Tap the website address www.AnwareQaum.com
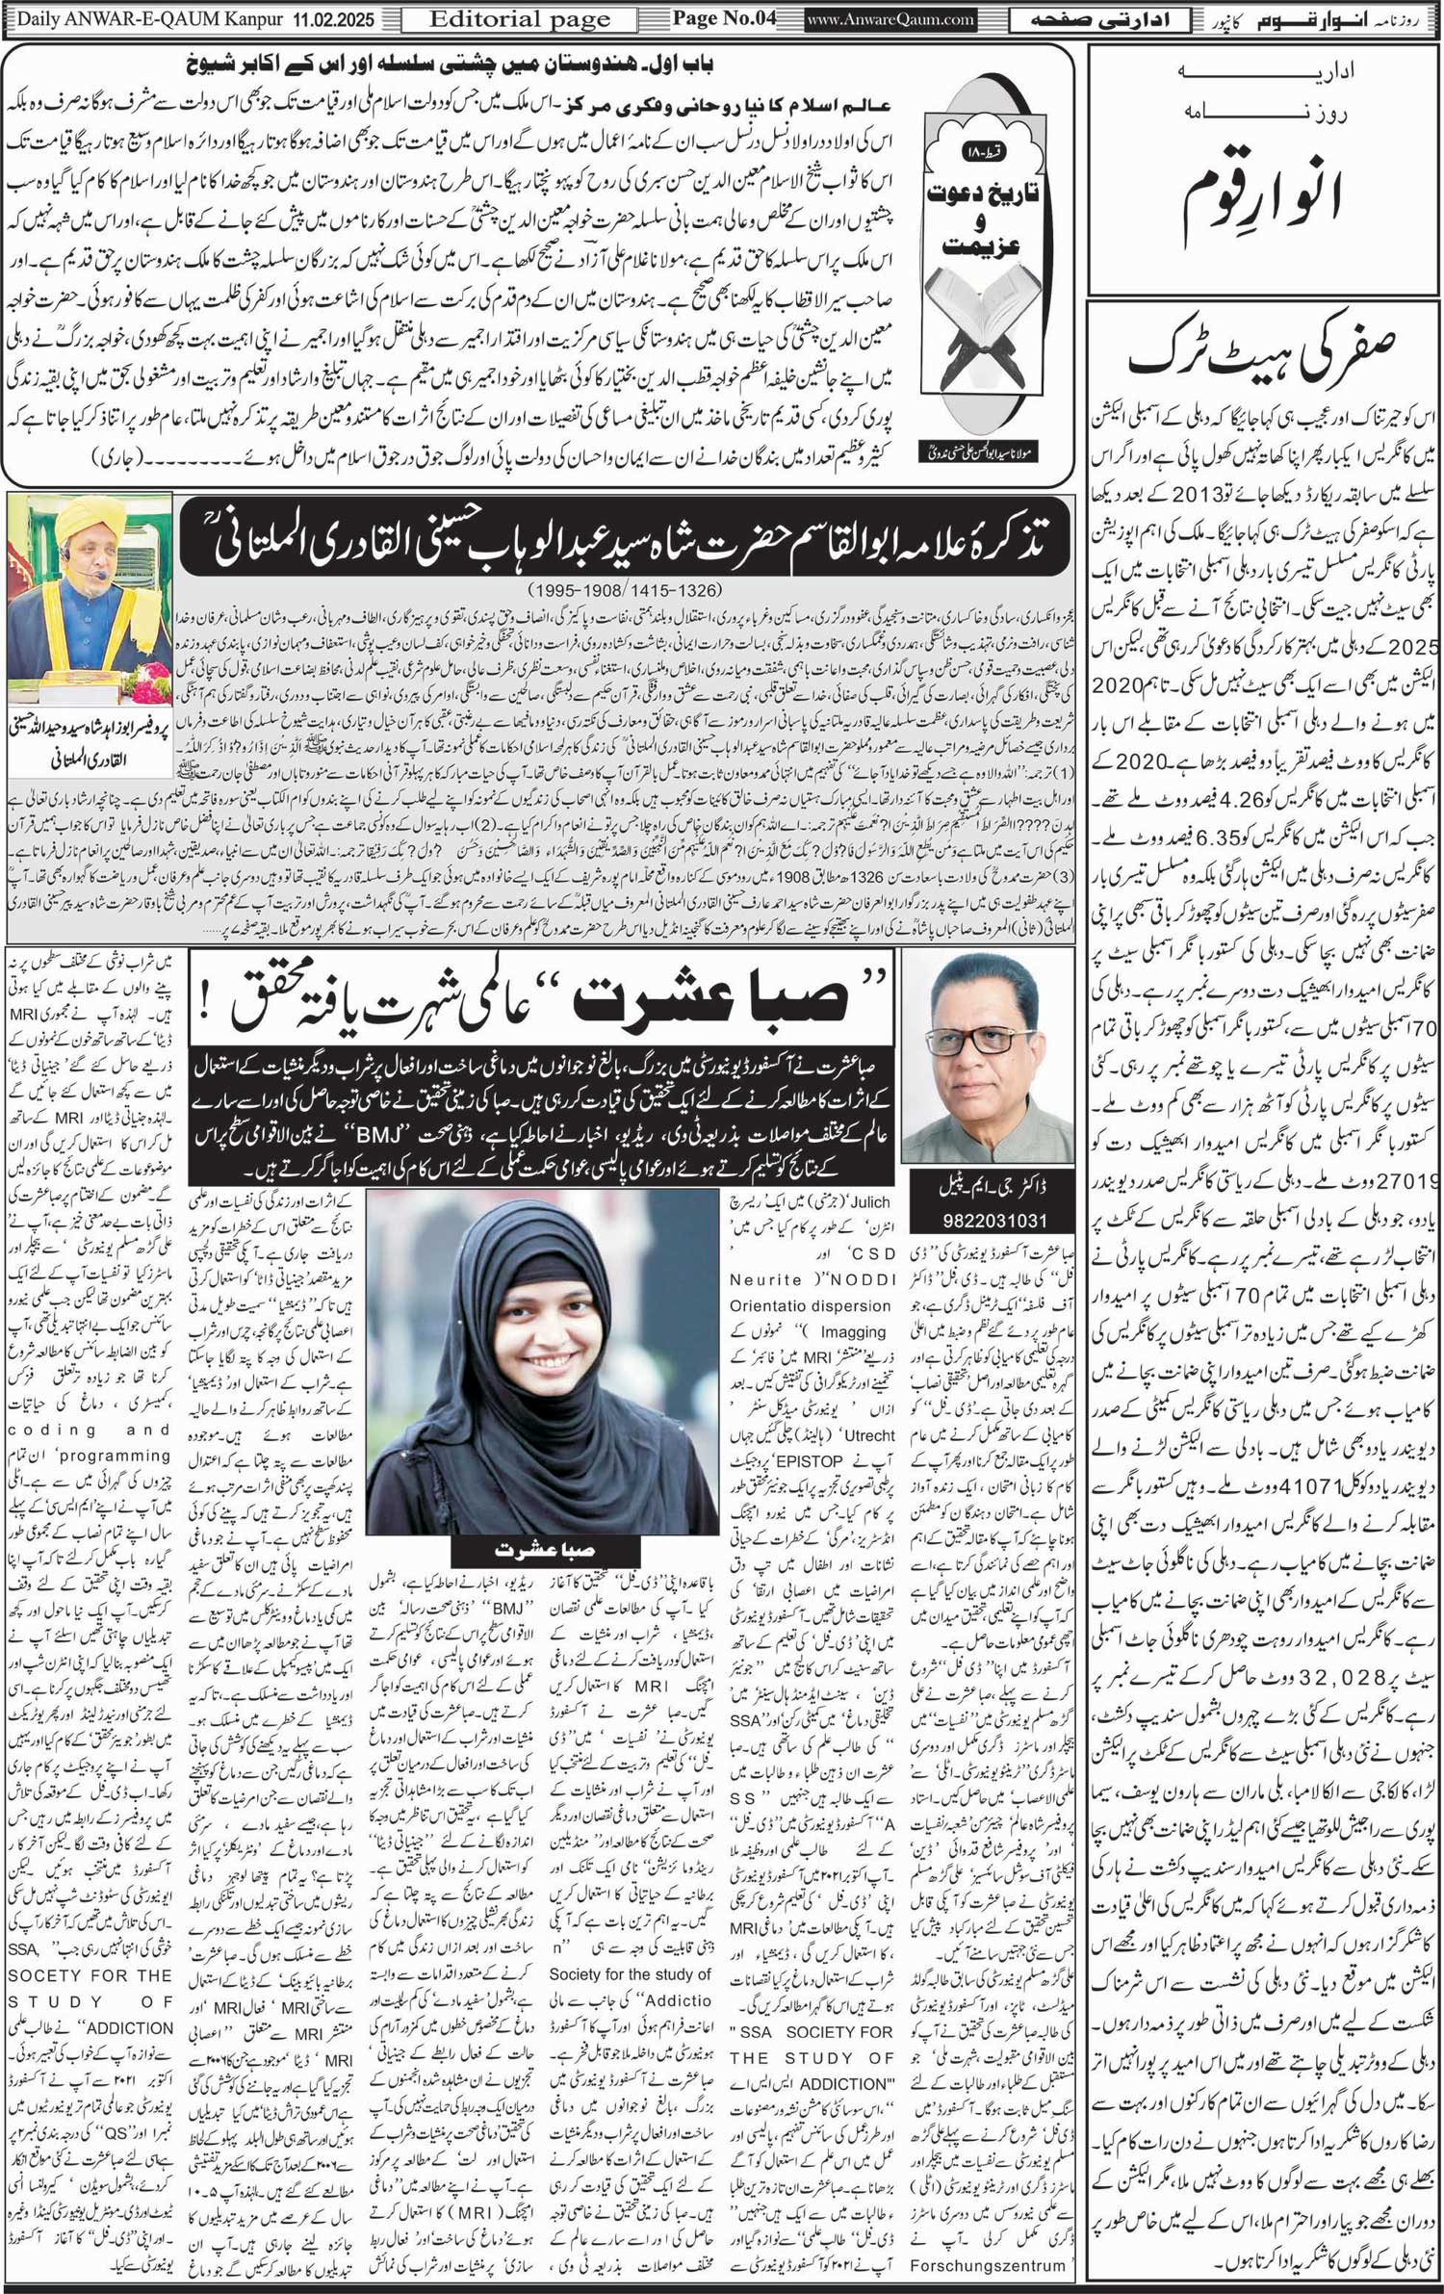890,18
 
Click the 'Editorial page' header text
519,18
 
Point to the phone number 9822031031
994,1220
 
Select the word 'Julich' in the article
867,1202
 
